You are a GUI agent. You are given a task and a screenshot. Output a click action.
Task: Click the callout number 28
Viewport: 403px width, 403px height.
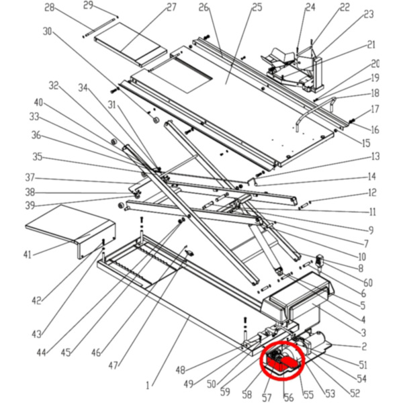(49, 8)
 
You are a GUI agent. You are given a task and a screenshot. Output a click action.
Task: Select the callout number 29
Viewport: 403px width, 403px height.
(88, 5)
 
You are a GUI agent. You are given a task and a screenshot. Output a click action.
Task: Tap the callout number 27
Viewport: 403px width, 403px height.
(171, 7)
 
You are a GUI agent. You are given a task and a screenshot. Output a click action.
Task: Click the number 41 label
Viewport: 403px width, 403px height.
(28, 255)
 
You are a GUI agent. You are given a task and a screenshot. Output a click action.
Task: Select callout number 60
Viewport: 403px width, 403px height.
(368, 283)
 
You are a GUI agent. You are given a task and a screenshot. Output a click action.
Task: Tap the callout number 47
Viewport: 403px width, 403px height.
(113, 366)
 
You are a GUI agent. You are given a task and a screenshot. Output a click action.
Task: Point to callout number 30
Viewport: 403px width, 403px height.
(47, 32)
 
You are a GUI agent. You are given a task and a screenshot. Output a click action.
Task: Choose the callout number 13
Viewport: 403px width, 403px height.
(375, 157)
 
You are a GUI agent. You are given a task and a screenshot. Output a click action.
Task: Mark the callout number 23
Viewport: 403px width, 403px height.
(368, 14)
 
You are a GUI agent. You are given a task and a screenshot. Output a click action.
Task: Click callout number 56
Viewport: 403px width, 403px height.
(288, 398)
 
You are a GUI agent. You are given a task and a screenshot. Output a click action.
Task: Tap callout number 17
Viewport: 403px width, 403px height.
(375, 109)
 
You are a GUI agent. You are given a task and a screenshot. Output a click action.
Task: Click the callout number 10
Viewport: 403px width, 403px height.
(361, 257)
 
